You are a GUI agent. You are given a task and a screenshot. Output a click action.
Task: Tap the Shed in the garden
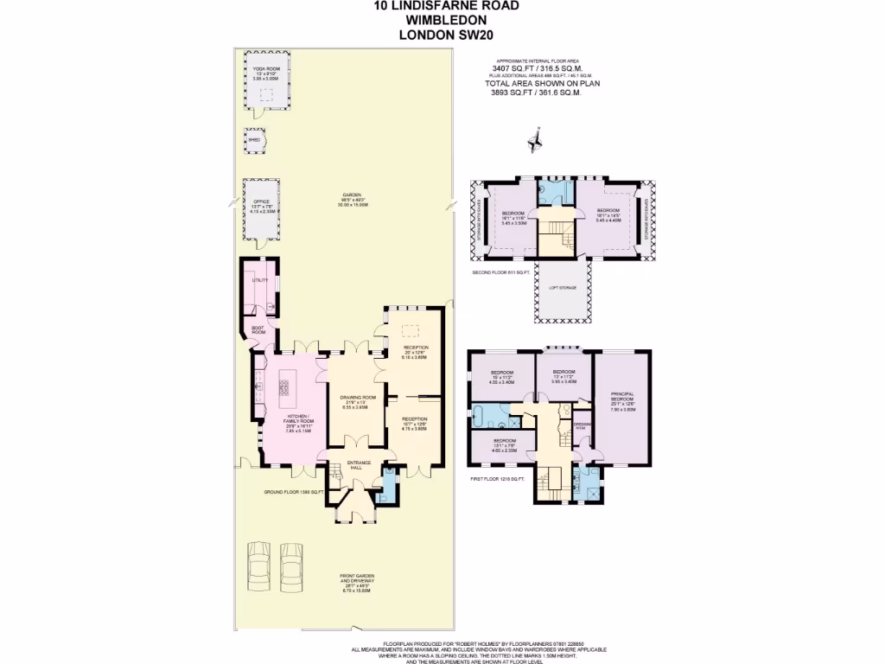tap(254, 141)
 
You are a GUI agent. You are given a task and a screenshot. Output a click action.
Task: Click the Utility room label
tap(257, 280)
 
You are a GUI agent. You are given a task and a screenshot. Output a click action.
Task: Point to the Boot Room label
tap(258, 330)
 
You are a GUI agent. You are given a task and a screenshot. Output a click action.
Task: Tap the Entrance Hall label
tap(359, 465)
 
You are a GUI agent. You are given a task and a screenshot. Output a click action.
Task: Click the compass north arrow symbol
tap(536, 137)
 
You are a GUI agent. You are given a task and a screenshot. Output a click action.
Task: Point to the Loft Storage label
tap(562, 287)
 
